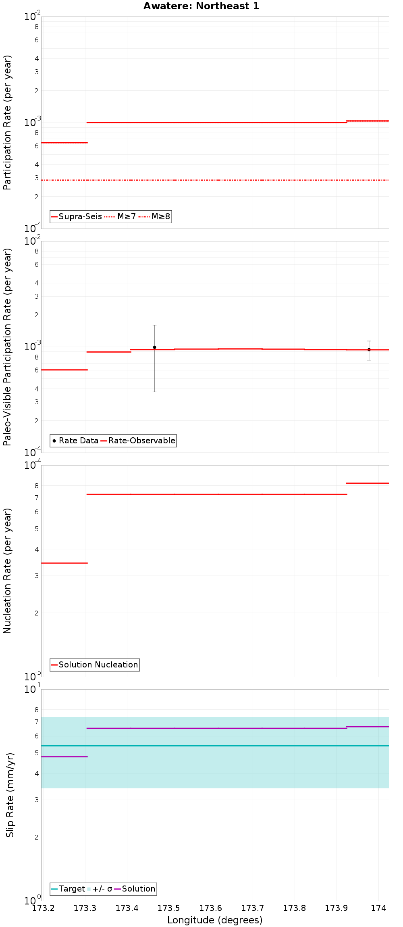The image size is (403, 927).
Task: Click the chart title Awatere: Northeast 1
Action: [201, 6]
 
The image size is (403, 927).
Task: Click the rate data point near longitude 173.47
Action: [154, 347]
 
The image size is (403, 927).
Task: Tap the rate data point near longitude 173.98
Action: [369, 349]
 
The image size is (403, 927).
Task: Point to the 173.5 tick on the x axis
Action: [169, 908]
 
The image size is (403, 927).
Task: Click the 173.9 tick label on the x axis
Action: [337, 908]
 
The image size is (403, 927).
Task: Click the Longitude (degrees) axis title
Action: [215, 920]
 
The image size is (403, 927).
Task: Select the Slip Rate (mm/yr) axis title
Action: [10, 795]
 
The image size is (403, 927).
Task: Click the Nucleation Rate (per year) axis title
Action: [8, 571]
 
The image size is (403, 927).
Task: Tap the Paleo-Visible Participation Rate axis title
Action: [8, 347]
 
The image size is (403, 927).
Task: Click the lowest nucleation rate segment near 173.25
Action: [64, 563]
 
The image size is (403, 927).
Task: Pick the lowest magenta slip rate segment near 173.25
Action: [64, 757]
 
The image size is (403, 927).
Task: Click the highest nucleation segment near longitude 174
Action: [368, 483]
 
